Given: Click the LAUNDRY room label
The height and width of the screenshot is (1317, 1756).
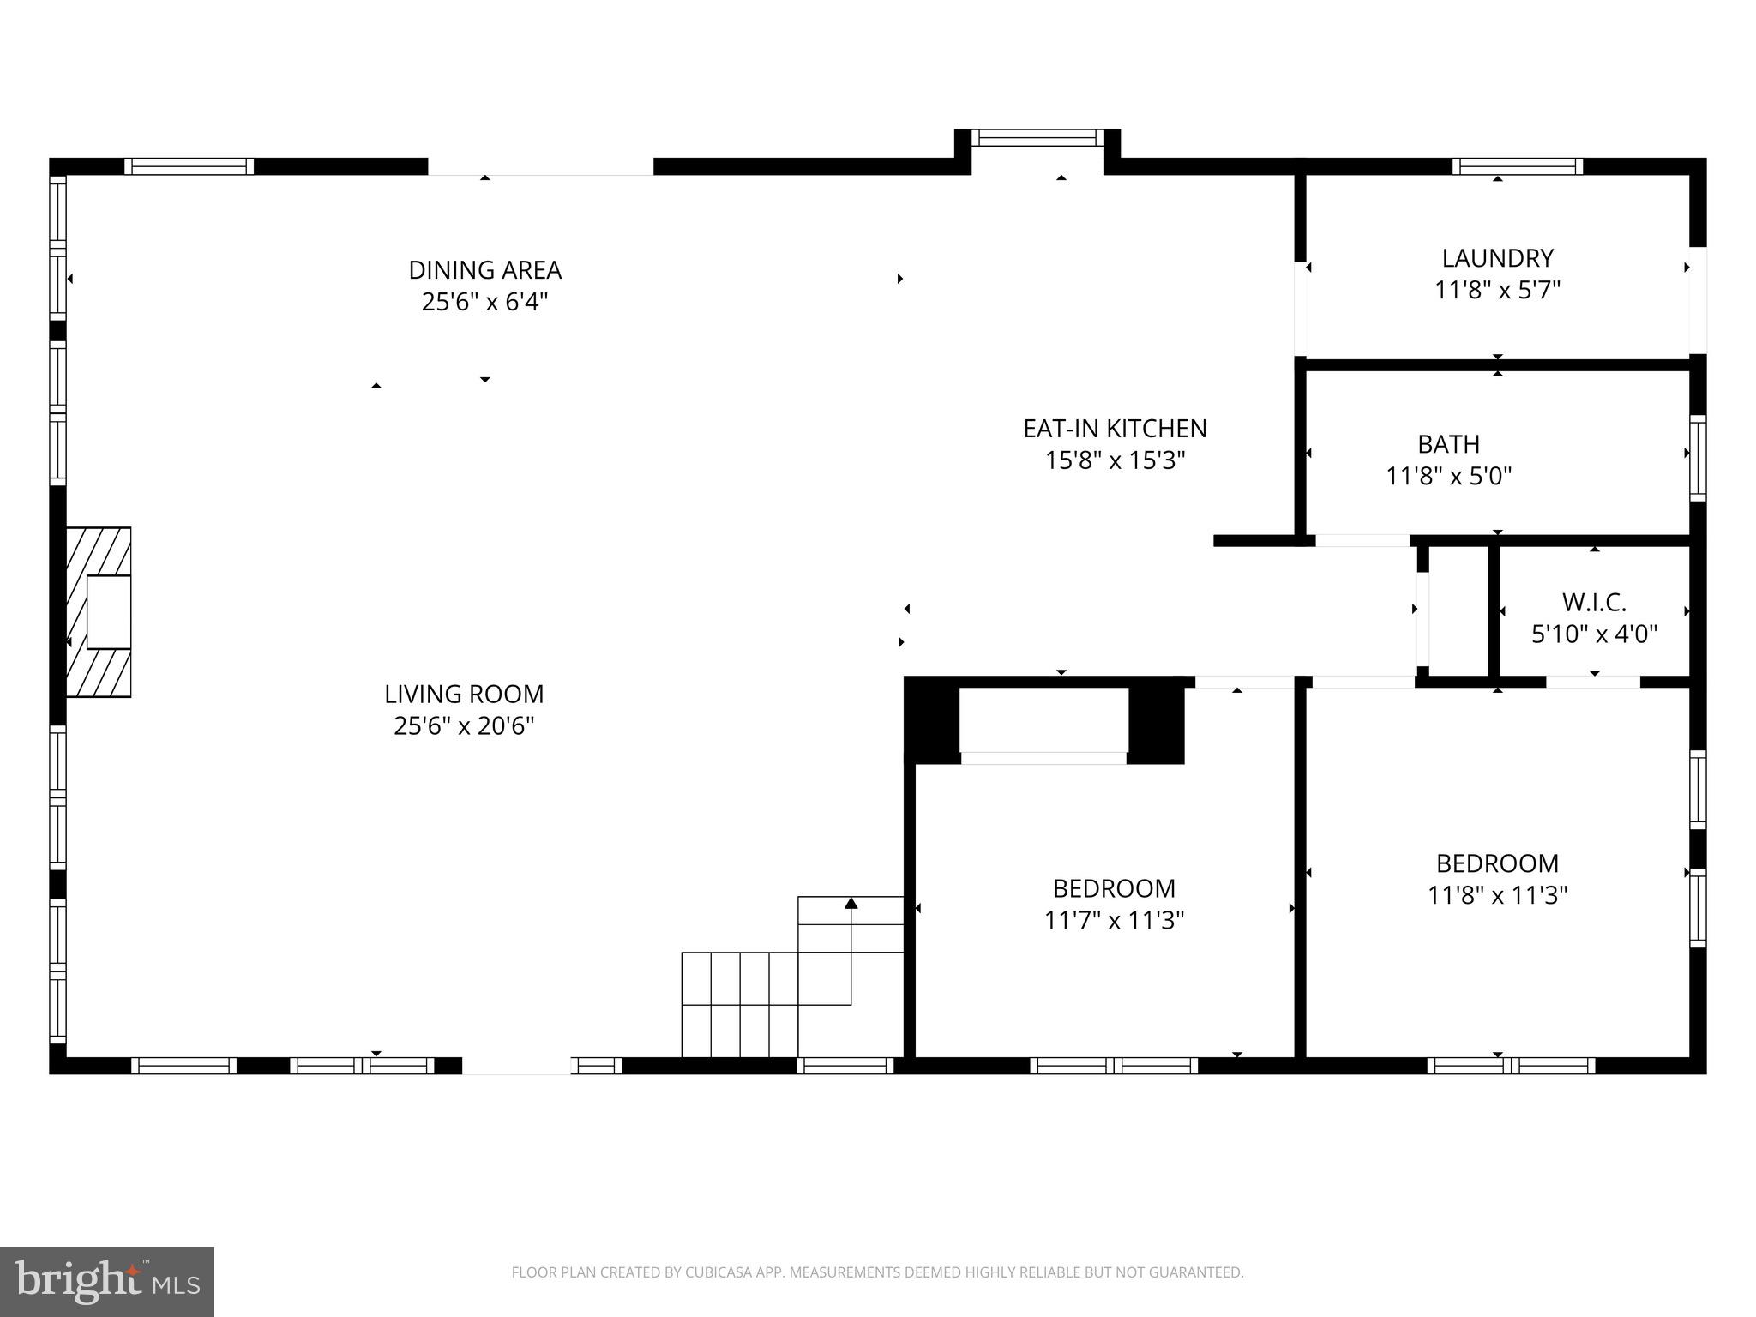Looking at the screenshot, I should [1497, 258].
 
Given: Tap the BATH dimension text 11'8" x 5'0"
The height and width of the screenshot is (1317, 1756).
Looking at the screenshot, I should [1448, 476].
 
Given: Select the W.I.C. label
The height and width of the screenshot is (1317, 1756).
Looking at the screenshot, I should [1594, 603].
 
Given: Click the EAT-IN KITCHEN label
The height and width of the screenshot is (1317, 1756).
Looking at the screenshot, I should [1115, 429].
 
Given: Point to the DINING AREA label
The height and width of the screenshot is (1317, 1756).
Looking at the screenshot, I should [484, 270].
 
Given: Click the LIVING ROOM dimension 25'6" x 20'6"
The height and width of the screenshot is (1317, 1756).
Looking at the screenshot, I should [464, 726].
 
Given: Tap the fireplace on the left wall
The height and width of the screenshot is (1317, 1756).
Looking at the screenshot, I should [99, 611].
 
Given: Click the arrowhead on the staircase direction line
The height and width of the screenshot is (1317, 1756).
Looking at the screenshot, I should [851, 903].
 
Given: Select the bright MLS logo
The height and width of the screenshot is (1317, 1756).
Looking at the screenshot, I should [107, 1281].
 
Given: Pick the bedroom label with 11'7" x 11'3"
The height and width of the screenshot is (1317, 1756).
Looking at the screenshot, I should [1114, 888].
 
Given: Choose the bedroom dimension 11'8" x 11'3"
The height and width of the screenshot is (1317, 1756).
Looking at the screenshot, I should [1497, 895].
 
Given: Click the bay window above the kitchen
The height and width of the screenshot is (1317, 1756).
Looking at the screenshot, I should [1037, 137].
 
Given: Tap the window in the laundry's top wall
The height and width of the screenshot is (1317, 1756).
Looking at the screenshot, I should [1518, 166].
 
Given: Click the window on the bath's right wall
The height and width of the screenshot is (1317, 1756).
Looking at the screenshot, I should [1697, 458].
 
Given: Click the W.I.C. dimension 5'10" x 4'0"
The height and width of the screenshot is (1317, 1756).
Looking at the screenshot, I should [1594, 634].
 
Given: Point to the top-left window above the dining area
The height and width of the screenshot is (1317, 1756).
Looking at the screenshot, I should [189, 166].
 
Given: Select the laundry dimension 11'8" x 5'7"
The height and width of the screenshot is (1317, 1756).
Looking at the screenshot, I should [1497, 290].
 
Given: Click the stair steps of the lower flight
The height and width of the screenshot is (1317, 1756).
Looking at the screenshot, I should [739, 1004].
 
